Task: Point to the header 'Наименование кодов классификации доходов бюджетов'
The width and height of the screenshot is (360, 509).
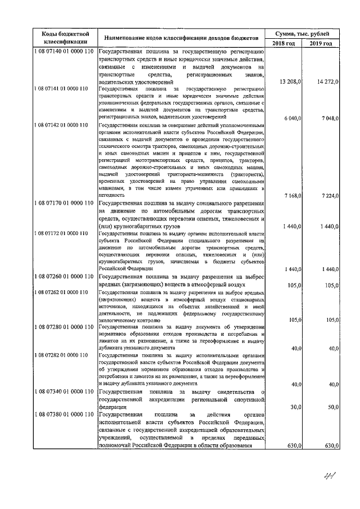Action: [x=178, y=38]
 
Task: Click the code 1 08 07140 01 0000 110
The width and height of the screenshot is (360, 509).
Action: [x=62, y=52]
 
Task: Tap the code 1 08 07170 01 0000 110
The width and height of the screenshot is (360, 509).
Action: [x=62, y=202]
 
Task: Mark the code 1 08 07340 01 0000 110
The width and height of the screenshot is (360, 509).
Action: [x=62, y=391]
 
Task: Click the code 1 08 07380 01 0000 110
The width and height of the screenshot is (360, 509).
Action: [x=62, y=415]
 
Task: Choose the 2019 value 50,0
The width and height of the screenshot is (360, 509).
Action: [x=332, y=407]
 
